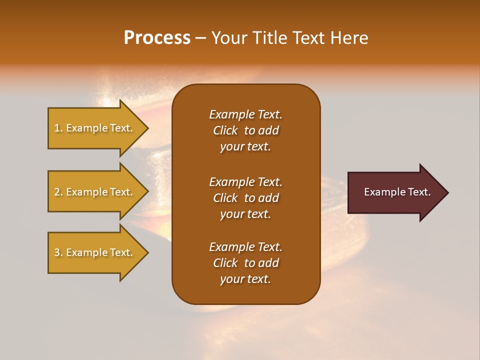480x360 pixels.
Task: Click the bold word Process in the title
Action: pyautogui.click(x=157, y=38)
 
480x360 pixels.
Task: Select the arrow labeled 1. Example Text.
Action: pyautogui.click(x=95, y=128)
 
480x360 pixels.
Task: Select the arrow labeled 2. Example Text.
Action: pyautogui.click(x=95, y=192)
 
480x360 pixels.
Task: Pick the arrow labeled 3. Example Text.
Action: pyautogui.click(x=95, y=252)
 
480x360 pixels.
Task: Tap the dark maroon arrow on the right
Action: pyautogui.click(x=395, y=192)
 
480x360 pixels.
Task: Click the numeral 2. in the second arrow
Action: pyautogui.click(x=58, y=192)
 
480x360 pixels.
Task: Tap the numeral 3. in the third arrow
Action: pyautogui.click(x=58, y=252)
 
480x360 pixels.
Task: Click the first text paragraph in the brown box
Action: pyautogui.click(x=245, y=130)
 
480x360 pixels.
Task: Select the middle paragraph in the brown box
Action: pyautogui.click(x=245, y=198)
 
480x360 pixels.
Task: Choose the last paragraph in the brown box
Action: pyautogui.click(x=245, y=263)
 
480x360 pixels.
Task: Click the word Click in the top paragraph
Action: pyautogui.click(x=225, y=130)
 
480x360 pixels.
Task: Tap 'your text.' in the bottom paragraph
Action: pyautogui.click(x=245, y=279)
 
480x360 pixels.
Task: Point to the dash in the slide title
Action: pyautogui.click(x=200, y=38)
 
